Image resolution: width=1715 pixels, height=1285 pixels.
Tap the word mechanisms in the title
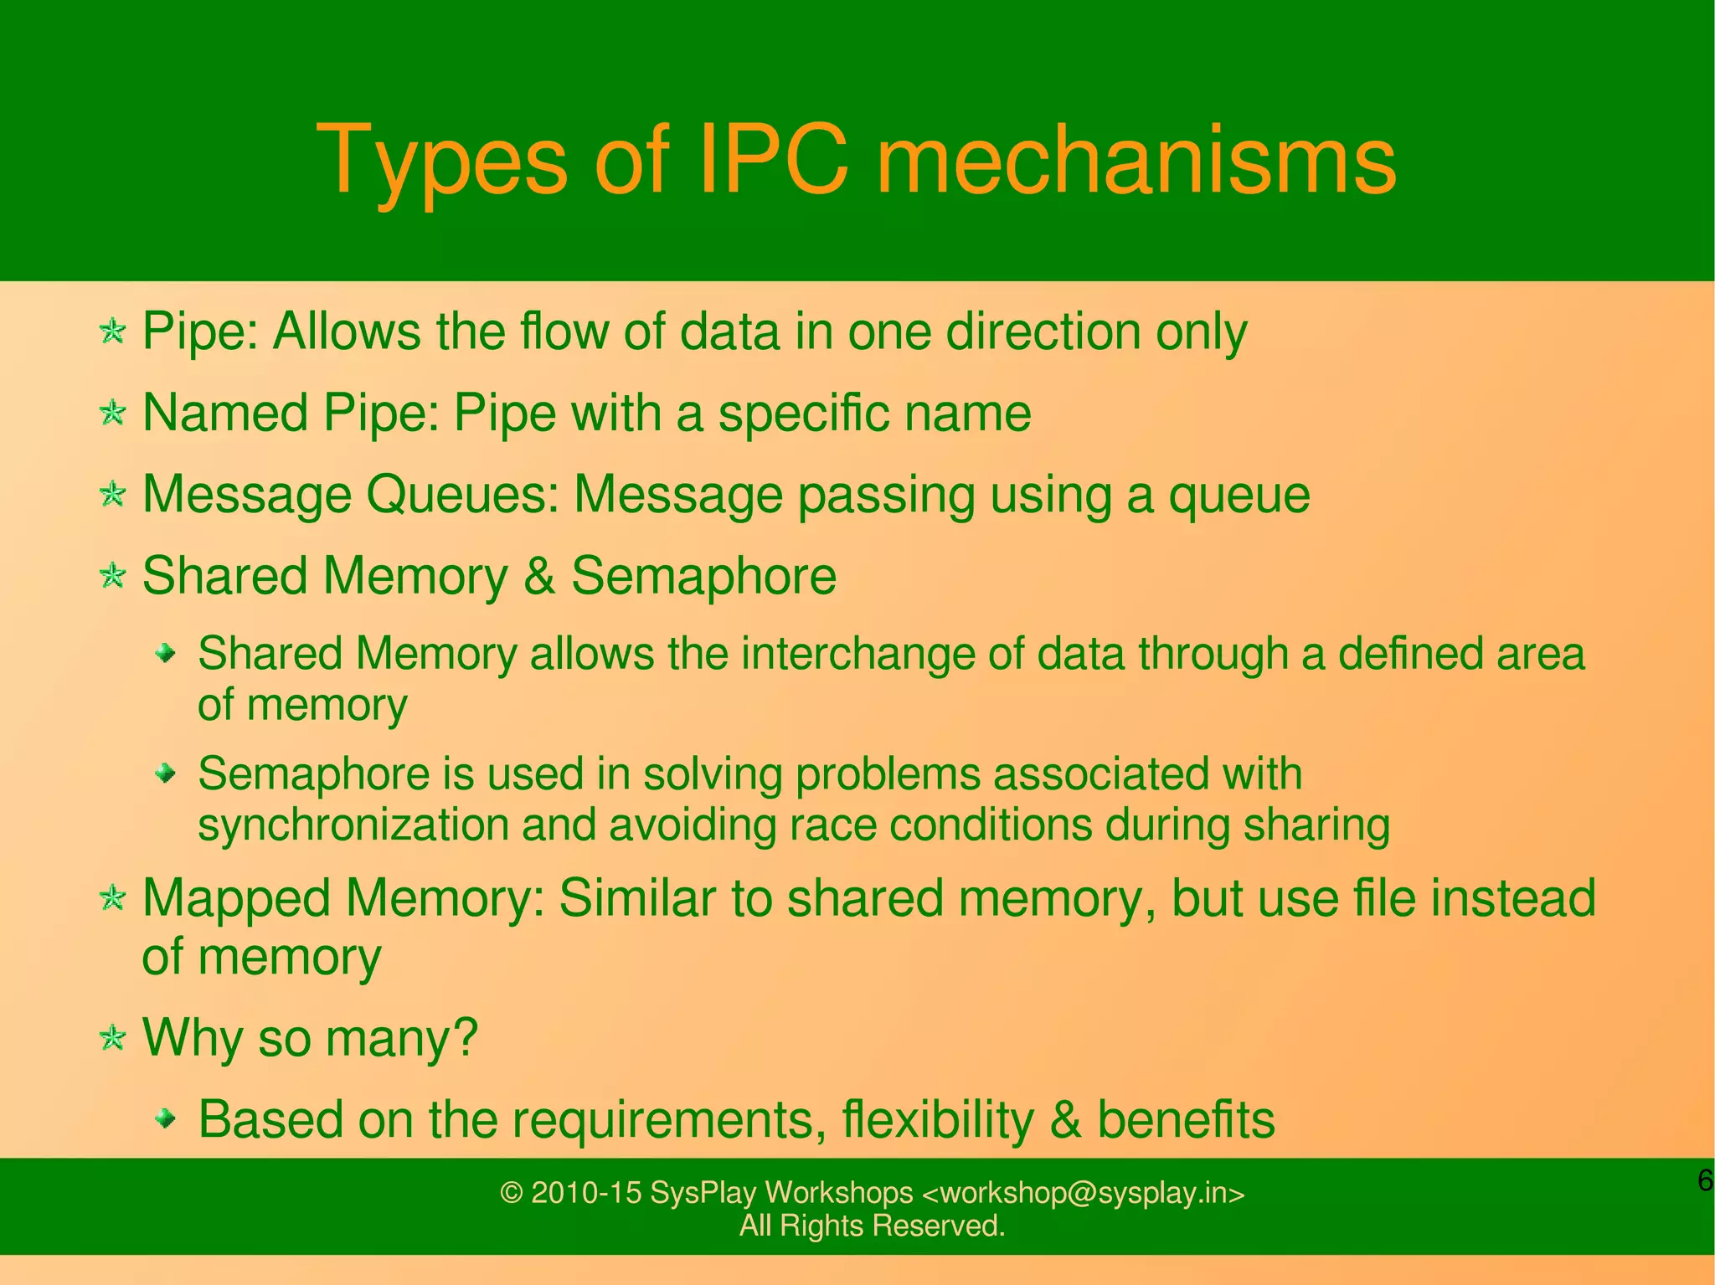click(x=1136, y=159)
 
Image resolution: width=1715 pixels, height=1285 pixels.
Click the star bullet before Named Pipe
click(x=112, y=413)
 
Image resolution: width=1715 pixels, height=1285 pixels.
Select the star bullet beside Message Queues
click(x=112, y=494)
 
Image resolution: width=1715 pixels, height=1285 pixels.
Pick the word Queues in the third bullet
click(x=462, y=495)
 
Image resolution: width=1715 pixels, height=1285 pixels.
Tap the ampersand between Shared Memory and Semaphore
click(x=539, y=576)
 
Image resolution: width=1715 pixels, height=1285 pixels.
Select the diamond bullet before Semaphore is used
click(x=167, y=774)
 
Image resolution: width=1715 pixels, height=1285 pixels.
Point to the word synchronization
click(x=353, y=825)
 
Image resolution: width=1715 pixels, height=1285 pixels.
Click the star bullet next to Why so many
click(x=112, y=1038)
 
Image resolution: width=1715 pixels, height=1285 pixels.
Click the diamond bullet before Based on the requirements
click(x=167, y=1118)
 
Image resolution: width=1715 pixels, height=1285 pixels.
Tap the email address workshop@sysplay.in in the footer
click(x=1083, y=1193)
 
